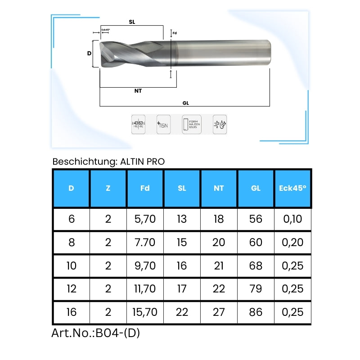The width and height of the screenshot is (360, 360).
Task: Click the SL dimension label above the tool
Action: coord(132,22)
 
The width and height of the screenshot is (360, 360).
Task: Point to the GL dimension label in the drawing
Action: coord(185,103)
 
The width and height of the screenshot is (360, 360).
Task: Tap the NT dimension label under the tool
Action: coord(138,91)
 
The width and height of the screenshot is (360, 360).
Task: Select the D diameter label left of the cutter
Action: coord(89,53)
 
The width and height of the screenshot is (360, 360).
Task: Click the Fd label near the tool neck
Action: coord(175,33)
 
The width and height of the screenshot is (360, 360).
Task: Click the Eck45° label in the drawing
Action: coord(106,30)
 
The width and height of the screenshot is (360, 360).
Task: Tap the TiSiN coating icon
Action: coord(162,125)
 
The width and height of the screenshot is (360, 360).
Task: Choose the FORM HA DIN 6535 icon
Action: coord(191,125)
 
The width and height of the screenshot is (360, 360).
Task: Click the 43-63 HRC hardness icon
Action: coord(138,125)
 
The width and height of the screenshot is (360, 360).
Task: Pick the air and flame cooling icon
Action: coord(220,125)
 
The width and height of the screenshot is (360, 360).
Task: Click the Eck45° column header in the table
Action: coord(292,189)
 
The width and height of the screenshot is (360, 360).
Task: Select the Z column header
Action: coord(108,189)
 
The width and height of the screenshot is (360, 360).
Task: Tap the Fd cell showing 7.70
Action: coord(145,243)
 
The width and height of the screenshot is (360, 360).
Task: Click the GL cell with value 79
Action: coord(256,288)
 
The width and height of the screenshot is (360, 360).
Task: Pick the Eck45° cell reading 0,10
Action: coord(292,219)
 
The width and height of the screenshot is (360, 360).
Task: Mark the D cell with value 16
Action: coord(72,312)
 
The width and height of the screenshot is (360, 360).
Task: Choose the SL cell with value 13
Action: coord(182,219)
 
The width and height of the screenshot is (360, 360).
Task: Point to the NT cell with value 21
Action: coord(219,265)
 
